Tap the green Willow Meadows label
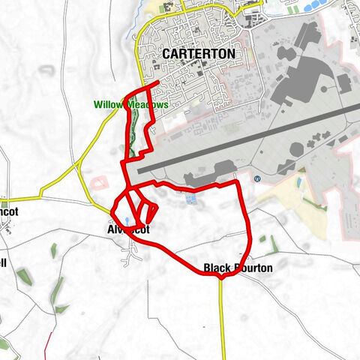click(131, 105)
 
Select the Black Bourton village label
click(238, 268)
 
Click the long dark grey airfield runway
click(247, 139)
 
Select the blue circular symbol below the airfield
click(257, 178)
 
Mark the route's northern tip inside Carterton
click(159, 83)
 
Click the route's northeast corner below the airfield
click(237, 181)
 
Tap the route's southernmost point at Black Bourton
click(222, 276)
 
